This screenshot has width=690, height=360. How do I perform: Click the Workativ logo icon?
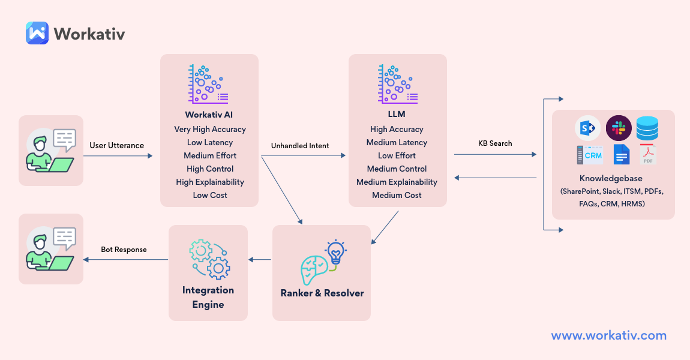37,33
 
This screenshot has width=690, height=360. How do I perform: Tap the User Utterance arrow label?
116,145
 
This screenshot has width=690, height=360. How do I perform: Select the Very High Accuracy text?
210,129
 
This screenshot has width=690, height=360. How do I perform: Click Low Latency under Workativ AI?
210,142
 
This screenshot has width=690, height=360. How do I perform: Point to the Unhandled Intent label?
299,145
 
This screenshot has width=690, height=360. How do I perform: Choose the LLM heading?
397,115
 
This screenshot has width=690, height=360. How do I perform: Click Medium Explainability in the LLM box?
397,182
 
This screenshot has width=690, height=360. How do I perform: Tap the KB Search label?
495,143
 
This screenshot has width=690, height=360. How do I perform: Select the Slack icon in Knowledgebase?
619,128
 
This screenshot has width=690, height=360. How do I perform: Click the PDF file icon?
648,155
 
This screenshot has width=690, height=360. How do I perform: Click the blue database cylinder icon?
647,128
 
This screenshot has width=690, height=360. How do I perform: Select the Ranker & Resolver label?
322,293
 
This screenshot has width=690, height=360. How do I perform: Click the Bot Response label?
124,249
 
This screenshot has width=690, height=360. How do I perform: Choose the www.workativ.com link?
608,335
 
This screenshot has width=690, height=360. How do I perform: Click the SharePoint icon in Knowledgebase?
589,128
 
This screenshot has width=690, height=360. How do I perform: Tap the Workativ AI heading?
210,115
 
